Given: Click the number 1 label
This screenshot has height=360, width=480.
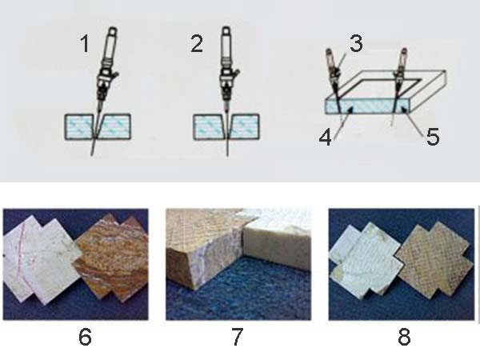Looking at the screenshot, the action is (x=85, y=43).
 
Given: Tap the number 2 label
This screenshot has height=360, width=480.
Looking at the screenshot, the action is (x=197, y=43).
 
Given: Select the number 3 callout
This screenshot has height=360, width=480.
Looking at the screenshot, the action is (x=356, y=43).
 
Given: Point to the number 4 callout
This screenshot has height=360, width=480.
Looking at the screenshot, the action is (x=326, y=137).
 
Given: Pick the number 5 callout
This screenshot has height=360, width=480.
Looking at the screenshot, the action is (x=433, y=137).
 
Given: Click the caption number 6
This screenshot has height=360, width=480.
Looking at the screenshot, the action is (x=85, y=338).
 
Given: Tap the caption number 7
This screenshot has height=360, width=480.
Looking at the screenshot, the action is (x=238, y=337).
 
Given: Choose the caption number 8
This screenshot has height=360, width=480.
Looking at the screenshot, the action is (x=404, y=337).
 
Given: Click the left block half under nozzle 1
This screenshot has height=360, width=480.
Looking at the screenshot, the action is (x=79, y=126).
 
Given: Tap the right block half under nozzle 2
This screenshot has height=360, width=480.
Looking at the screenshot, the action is (x=244, y=126).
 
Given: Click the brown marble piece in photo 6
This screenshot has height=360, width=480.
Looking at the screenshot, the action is (x=112, y=257).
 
